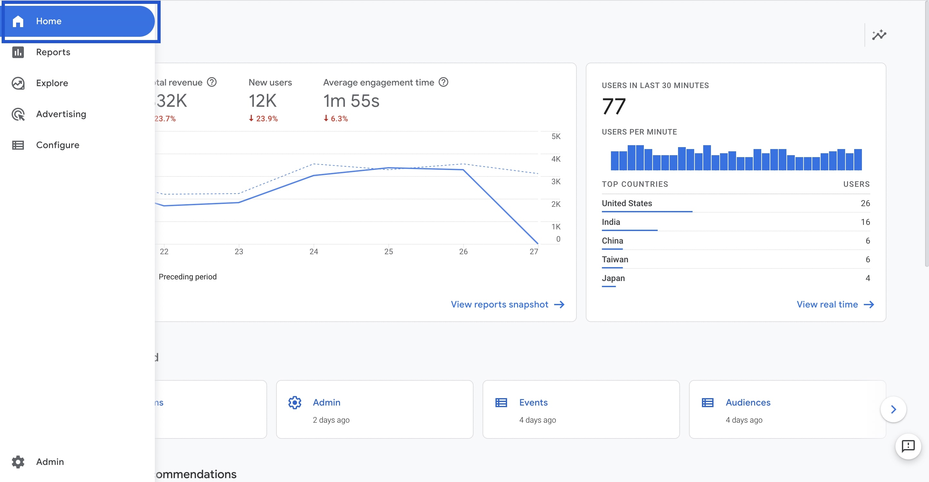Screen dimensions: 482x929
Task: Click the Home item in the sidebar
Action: click(x=49, y=21)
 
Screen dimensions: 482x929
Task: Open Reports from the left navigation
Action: click(x=53, y=52)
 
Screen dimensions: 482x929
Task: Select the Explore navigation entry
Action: click(x=52, y=83)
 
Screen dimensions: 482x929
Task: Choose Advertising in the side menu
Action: click(x=61, y=114)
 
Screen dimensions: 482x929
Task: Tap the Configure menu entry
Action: click(x=57, y=145)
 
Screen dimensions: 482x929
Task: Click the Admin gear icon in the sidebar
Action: click(x=18, y=461)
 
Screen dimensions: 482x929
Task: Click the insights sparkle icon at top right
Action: click(x=879, y=35)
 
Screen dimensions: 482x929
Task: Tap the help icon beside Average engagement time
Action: click(x=443, y=82)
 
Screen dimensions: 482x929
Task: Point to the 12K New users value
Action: click(x=263, y=101)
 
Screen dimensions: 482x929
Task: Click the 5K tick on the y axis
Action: click(x=556, y=136)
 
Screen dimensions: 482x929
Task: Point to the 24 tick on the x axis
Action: click(x=314, y=251)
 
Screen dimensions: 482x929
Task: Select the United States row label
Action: click(x=627, y=203)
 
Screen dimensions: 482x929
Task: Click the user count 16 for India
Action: click(x=865, y=222)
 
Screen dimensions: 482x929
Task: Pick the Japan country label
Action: click(x=613, y=278)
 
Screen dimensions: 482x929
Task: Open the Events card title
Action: click(x=533, y=402)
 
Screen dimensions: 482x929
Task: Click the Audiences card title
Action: click(x=748, y=402)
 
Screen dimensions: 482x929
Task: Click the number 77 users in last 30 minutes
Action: click(x=614, y=106)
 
